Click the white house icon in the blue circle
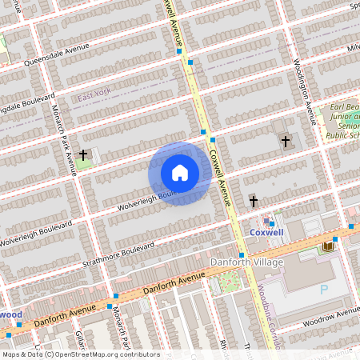[180, 173]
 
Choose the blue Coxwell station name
[266, 233]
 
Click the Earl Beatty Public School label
[342, 121]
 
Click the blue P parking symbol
[324, 290]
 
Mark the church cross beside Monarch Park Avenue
[83, 154]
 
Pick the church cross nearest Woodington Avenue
[286, 141]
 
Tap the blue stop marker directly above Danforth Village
[242, 254]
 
